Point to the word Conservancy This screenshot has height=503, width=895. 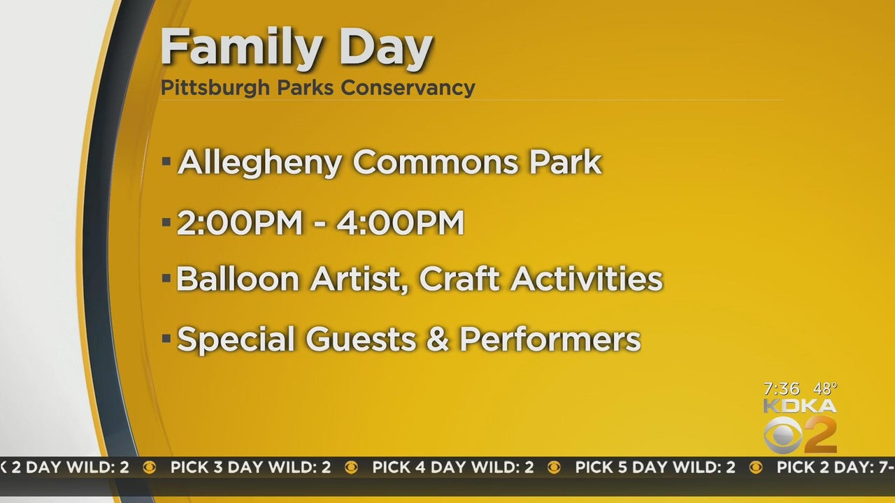408,88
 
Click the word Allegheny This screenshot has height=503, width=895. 259,163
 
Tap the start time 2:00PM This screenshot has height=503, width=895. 240,222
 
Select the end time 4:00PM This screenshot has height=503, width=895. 401,222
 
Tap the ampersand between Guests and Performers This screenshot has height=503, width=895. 438,339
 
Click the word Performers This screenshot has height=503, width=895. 550,339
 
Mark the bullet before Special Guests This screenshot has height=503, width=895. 166,339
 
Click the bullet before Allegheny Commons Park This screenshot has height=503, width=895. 166,161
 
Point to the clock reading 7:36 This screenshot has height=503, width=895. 782,388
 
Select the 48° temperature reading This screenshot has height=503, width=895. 825,388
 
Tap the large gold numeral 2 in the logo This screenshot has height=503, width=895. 820,435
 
